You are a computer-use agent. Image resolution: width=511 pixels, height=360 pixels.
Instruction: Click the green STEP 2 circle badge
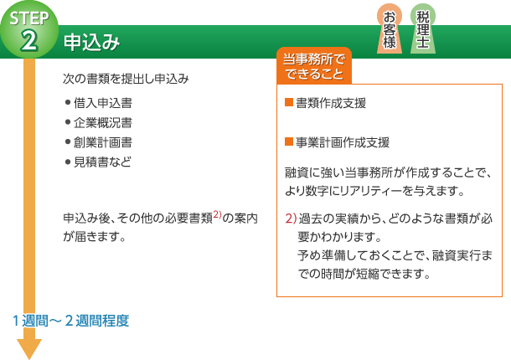pyautogui.click(x=29, y=30)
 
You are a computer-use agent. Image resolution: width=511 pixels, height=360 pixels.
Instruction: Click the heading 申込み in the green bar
pyautogui.click(x=91, y=43)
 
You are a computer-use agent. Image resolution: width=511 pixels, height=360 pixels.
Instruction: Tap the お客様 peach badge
pyautogui.click(x=390, y=28)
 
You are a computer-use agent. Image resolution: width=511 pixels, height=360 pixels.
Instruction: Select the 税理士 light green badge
pyautogui.click(x=423, y=28)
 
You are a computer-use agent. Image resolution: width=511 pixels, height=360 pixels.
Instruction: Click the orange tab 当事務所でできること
pyautogui.click(x=314, y=66)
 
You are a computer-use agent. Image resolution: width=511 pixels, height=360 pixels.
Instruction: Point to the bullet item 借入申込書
pyautogui.click(x=103, y=103)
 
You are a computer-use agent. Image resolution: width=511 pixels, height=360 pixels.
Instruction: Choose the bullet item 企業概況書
pyautogui.click(x=103, y=122)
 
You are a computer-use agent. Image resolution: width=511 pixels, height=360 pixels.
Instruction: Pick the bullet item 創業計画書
pyautogui.click(x=103, y=142)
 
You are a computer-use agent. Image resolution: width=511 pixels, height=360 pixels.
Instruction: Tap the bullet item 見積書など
pyautogui.click(x=102, y=162)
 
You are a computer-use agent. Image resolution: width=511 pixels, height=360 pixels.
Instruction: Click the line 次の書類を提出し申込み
pyautogui.click(x=126, y=79)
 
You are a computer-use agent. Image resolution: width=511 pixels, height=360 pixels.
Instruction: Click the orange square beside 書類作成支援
pyautogui.click(x=289, y=102)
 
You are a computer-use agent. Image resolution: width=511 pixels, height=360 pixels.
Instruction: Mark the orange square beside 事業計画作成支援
pyautogui.click(x=289, y=141)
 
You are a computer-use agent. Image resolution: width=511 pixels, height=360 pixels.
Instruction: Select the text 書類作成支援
pyautogui.click(x=331, y=103)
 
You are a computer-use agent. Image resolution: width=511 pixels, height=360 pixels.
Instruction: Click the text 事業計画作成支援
pyautogui.click(x=343, y=142)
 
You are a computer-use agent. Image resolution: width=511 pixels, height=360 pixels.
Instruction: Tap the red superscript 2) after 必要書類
pyautogui.click(x=217, y=215)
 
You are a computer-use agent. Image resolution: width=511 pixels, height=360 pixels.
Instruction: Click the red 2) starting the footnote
pyautogui.click(x=291, y=219)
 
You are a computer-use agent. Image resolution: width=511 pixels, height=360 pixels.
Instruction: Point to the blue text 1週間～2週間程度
pyautogui.click(x=70, y=321)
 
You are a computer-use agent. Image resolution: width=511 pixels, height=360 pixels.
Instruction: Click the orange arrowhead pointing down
pyautogui.click(x=29, y=349)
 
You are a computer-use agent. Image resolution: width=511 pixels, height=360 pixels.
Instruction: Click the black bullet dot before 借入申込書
pyautogui.click(x=68, y=103)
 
